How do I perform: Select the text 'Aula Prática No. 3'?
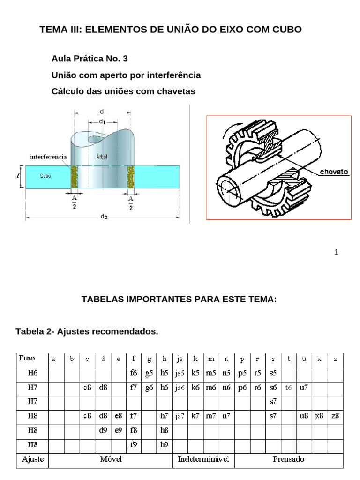(x=89, y=59)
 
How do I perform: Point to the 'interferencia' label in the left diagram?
(x=48, y=156)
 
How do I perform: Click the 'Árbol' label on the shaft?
(x=102, y=157)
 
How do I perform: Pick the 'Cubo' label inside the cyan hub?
(x=45, y=176)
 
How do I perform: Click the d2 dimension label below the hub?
(x=103, y=217)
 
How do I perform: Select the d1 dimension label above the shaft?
(x=102, y=121)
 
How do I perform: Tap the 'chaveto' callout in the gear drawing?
(x=334, y=172)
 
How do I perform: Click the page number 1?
(x=336, y=252)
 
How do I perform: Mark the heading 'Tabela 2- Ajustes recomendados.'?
(x=87, y=332)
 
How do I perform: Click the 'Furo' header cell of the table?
(x=27, y=359)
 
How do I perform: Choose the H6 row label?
(x=32, y=374)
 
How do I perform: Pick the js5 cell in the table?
(x=180, y=374)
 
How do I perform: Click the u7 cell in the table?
(x=304, y=388)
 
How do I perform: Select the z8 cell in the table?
(x=335, y=416)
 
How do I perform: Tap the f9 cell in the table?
(x=134, y=444)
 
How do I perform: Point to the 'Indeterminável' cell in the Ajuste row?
(x=203, y=459)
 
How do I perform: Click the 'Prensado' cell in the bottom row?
(x=288, y=459)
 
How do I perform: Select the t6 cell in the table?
(x=288, y=388)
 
